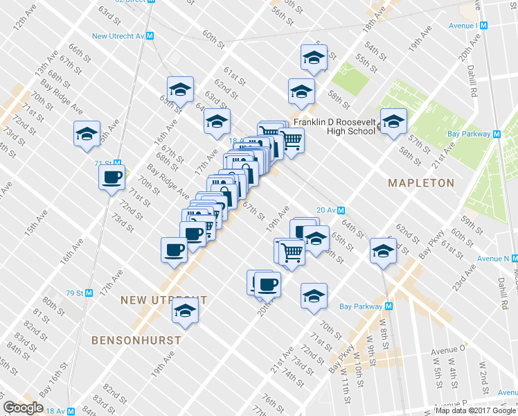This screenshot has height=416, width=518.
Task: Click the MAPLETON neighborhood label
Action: [x=420, y=183]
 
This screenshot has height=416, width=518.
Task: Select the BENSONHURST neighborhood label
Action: [x=136, y=340]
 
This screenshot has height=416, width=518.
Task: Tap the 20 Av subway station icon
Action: [x=341, y=210]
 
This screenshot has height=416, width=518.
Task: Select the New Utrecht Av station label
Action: [x=122, y=35]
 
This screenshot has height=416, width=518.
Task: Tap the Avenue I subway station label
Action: [x=463, y=26]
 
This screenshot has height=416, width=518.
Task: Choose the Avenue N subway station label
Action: [x=493, y=259]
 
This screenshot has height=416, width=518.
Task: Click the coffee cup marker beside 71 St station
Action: [x=111, y=177]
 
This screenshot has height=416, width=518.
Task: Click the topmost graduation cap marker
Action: [x=314, y=58]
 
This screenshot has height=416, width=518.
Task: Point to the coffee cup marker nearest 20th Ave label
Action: [x=267, y=284]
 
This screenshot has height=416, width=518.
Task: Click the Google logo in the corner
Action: [x=23, y=408]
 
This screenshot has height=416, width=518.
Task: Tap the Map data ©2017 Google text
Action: [x=476, y=410]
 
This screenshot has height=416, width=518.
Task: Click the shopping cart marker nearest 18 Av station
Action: [x=292, y=141]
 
